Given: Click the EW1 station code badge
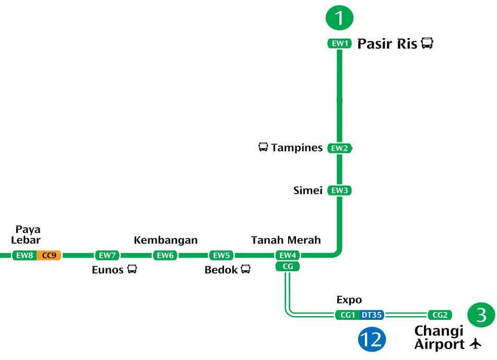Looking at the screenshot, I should (x=339, y=44).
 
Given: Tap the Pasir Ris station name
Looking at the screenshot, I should (x=387, y=44).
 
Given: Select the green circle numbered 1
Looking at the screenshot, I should (x=339, y=18).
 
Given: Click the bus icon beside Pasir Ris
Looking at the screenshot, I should (x=427, y=43).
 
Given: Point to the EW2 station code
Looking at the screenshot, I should (x=339, y=148).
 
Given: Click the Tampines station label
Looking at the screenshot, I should (x=297, y=148).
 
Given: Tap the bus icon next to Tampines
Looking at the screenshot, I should (x=263, y=147).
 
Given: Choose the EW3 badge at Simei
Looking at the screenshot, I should (x=339, y=190).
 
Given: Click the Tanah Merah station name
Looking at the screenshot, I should (x=286, y=240).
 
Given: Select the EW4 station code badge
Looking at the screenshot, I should (x=288, y=255).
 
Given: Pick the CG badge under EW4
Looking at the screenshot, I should (x=288, y=267).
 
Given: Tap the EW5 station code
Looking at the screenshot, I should (x=221, y=255).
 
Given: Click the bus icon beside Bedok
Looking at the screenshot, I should (x=245, y=269).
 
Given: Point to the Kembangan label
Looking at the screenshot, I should (x=165, y=240).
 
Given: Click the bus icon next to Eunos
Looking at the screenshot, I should (x=132, y=269).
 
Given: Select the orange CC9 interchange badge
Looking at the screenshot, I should (x=50, y=255).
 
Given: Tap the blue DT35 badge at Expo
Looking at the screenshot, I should (x=372, y=315).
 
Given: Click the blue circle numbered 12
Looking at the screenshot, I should (x=372, y=340).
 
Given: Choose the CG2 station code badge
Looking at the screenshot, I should (x=440, y=315).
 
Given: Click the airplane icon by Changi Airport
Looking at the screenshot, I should (x=475, y=344).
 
